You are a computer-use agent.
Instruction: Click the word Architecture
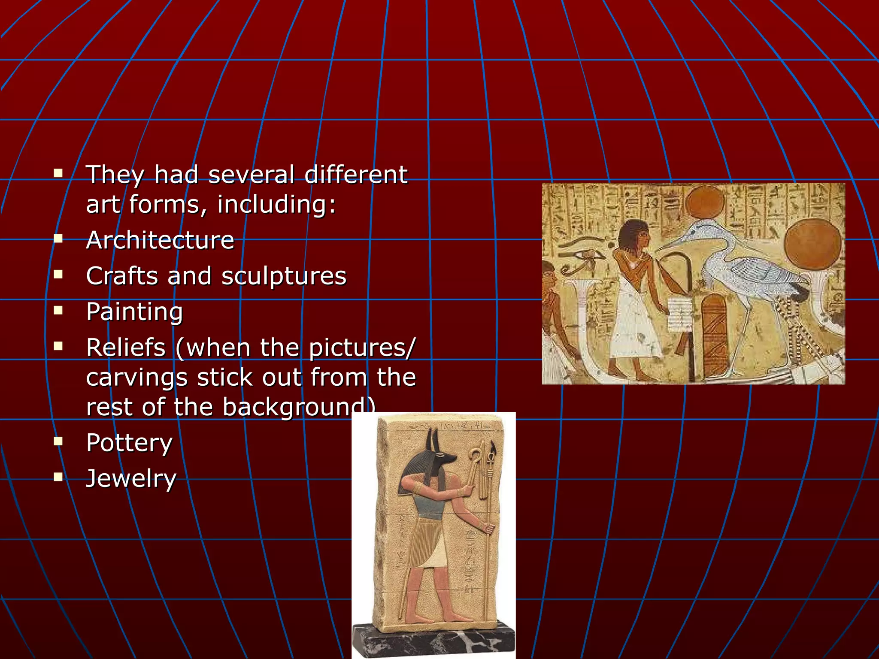pyautogui.click(x=160, y=240)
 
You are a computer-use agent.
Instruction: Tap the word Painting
pyautogui.click(x=134, y=312)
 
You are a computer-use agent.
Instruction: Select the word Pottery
pyautogui.click(x=129, y=443)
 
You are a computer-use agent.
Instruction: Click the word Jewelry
pyautogui.click(x=131, y=479)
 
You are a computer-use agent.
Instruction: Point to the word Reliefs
pyautogui.click(x=126, y=348)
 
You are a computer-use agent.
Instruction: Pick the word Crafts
pyautogui.click(x=122, y=276)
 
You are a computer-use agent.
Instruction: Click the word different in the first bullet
pyautogui.click(x=356, y=175)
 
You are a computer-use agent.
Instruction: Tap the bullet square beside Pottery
pyautogui.click(x=58, y=441)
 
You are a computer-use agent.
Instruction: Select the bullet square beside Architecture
pyautogui.click(x=58, y=239)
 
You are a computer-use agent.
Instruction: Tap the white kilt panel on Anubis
pyautogui.click(x=435, y=553)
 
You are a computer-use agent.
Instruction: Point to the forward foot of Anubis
pyautogui.click(x=459, y=618)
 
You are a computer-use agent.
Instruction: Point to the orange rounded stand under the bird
pyautogui.click(x=715, y=335)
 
